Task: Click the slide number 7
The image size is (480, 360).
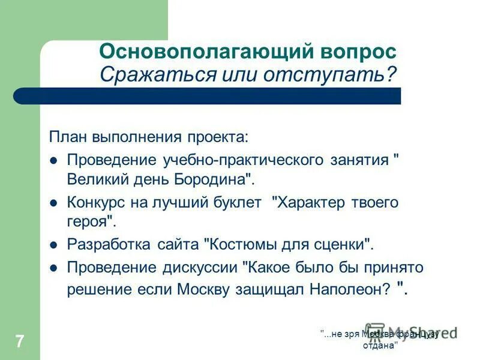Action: (19, 342)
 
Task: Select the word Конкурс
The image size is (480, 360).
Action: (96, 202)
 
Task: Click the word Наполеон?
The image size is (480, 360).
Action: (349, 289)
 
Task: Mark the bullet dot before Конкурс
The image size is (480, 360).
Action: (53, 203)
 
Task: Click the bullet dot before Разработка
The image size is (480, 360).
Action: (53, 245)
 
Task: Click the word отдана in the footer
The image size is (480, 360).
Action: (380, 346)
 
